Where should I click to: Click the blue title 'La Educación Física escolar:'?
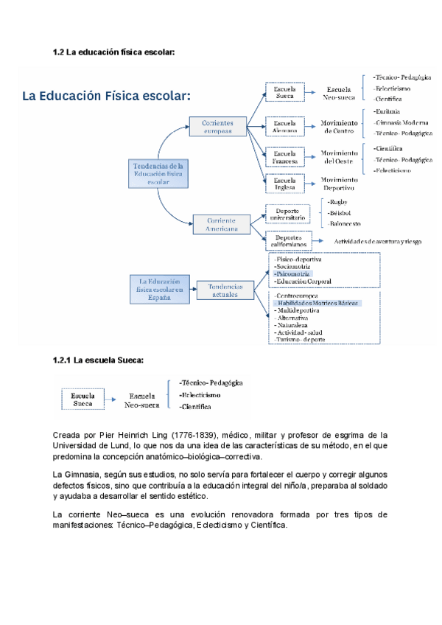tap(107, 97)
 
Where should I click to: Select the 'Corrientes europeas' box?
tap(217, 126)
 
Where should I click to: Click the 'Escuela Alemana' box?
tap(284, 127)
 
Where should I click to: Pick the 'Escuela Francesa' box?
tap(284, 157)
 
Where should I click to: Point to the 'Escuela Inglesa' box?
tap(284, 184)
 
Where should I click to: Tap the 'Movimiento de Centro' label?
tap(340, 127)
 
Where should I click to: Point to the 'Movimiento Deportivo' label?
tap(340, 184)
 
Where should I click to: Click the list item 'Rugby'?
tap(338, 201)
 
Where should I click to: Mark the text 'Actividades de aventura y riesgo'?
tap(378, 241)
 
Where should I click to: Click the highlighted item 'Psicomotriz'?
tap(292, 273)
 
